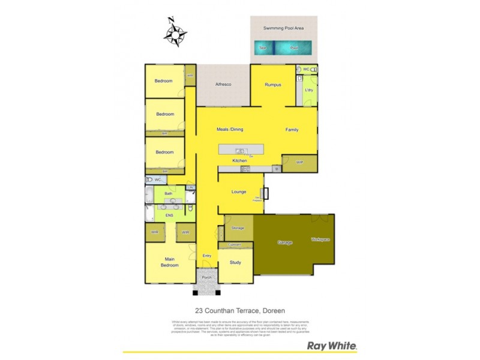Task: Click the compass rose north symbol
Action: click(176, 34)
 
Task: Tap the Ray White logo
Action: click(332, 346)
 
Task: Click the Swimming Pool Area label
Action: click(283, 28)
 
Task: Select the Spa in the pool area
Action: click(262, 48)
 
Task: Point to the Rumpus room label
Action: click(274, 85)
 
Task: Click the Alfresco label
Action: click(224, 85)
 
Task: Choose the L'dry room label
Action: click(310, 90)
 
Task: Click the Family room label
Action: click(292, 129)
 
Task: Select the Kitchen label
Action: click(240, 161)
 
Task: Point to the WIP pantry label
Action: click(300, 162)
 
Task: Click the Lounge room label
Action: click(239, 192)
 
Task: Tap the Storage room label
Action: click(238, 228)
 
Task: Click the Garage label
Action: click(284, 242)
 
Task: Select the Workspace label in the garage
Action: click(320, 239)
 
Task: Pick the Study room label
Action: click(235, 262)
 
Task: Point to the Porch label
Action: click(207, 277)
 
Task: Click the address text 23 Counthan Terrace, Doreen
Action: click(240, 311)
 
